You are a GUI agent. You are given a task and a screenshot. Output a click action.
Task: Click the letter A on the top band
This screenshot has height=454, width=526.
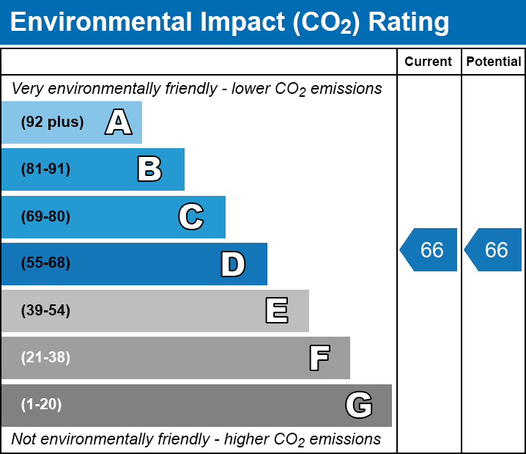click(119, 122)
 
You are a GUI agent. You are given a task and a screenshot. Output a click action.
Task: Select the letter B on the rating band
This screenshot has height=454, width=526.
click(149, 169)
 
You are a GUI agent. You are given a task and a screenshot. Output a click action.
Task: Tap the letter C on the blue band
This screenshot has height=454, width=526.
click(190, 217)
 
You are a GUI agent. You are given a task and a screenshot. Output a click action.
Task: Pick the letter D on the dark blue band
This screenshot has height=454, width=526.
click(233, 264)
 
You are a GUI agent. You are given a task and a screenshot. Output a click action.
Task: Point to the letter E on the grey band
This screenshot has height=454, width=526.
click(276, 311)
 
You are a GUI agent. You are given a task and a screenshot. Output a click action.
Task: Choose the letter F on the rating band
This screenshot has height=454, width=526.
click(319, 359)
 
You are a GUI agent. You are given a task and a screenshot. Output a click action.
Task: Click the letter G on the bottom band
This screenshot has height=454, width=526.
click(359, 405)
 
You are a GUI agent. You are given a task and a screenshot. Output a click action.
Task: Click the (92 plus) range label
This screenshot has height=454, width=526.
click(52, 122)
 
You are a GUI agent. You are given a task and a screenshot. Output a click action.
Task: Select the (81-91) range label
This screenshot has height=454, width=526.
click(45, 169)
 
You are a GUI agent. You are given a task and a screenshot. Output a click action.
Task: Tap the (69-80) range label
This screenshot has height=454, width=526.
click(45, 217)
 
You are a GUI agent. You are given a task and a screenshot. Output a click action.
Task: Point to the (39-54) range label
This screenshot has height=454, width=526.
click(45, 311)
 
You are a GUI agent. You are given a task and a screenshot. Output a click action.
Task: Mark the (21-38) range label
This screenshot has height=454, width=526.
click(45, 358)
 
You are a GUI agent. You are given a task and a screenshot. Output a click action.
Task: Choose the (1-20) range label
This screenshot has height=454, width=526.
click(42, 405)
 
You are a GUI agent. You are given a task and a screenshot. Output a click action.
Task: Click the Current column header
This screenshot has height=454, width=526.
click(429, 62)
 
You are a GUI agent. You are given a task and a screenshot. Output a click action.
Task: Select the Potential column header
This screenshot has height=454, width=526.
click(494, 62)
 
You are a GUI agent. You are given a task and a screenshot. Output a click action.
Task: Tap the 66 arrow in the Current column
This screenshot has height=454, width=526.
click(430, 250)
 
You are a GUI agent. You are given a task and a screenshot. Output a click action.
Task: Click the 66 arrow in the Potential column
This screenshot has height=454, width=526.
click(494, 250)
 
